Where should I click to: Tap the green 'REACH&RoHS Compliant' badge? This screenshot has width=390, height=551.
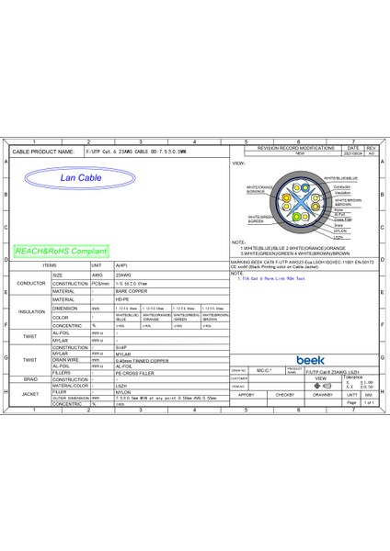(x=62, y=250)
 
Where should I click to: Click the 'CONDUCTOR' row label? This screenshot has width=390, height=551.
(x=30, y=283)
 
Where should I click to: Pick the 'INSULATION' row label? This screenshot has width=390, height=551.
(x=30, y=311)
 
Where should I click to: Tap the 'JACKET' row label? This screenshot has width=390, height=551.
(x=30, y=394)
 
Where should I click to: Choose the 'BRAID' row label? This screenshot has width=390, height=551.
(x=30, y=377)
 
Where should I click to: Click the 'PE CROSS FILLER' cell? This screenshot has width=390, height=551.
(x=132, y=371)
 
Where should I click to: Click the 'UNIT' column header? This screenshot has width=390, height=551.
(x=96, y=264)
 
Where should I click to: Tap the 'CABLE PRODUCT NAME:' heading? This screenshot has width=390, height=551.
(x=43, y=151)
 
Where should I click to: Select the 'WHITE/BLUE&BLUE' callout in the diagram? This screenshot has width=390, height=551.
(x=339, y=178)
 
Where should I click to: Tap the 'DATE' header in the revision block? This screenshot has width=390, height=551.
(x=351, y=147)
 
